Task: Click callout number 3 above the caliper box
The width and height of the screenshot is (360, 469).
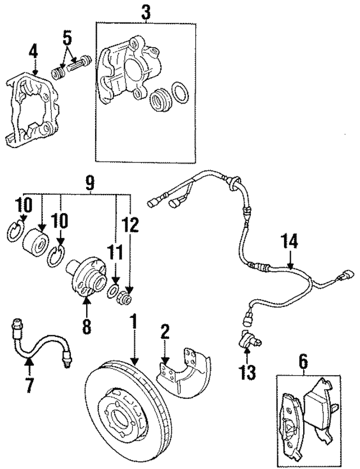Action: tap(146, 12)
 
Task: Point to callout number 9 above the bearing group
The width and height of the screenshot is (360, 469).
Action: tap(89, 182)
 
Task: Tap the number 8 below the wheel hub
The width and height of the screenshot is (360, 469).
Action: tap(87, 326)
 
